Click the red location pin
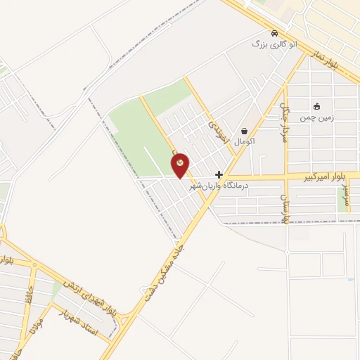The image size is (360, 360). point(181,165)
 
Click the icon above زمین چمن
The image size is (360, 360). point(316,107)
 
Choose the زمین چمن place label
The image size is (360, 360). point(317,117)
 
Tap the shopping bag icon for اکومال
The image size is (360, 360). point(243,131)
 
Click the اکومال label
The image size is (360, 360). point(243,141)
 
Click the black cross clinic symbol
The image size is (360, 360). point(219,174)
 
